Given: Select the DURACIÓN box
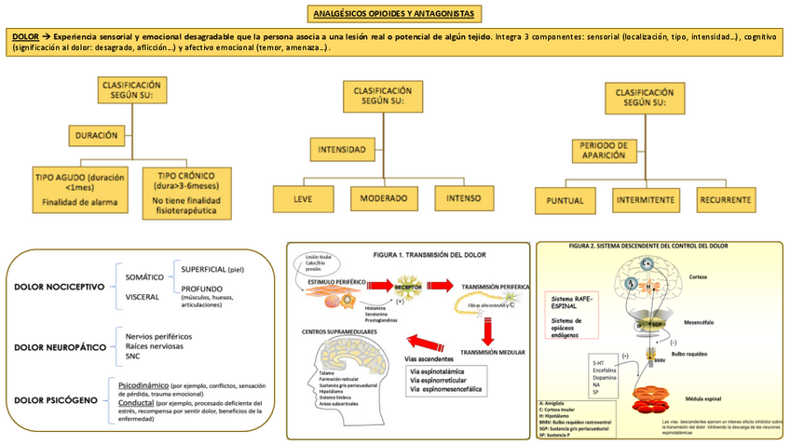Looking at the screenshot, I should click(x=97, y=135).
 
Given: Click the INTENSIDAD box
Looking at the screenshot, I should click(x=342, y=149).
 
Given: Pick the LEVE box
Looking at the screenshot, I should click(x=303, y=197).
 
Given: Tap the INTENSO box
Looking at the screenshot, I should click(x=464, y=197).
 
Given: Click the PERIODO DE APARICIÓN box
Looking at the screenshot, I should click(x=603, y=152).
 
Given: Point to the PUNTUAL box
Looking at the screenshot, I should click(x=565, y=199).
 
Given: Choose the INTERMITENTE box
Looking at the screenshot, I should click(x=647, y=199).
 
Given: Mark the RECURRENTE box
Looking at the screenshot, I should click(x=729, y=199).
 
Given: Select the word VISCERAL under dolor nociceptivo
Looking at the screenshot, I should click(x=143, y=297).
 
